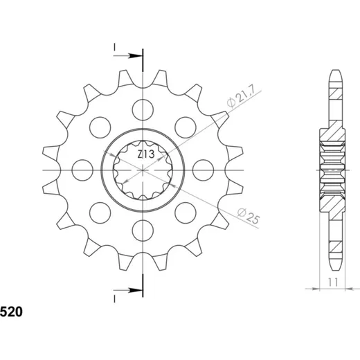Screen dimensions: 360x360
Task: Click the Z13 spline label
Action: [146, 154]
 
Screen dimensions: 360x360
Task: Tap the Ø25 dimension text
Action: [249, 216]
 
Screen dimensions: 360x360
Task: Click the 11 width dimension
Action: [333, 282]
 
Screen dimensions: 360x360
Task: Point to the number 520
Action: [11, 312]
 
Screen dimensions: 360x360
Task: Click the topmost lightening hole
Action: [143, 110]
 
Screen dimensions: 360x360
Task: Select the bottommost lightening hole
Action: [143, 231]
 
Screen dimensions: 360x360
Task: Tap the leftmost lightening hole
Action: [82, 170]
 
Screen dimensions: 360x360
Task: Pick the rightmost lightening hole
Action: [204, 170]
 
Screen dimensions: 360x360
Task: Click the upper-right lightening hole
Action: [186, 127]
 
